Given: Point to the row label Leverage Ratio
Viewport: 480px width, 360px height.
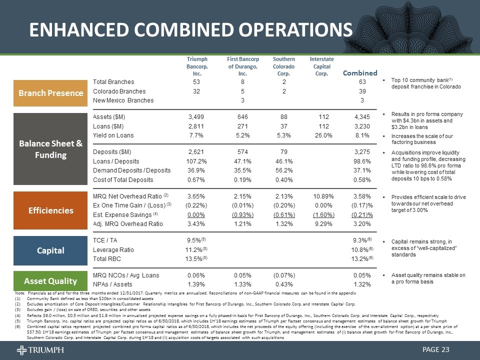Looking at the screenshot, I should (115, 249).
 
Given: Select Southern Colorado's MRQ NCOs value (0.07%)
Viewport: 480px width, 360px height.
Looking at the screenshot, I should (283, 275).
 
